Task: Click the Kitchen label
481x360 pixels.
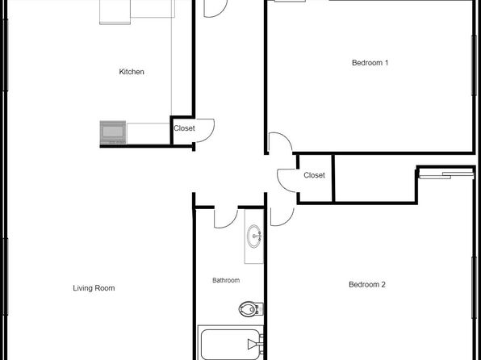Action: (132, 72)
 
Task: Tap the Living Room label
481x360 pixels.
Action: (94, 288)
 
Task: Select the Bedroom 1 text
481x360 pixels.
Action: (370, 63)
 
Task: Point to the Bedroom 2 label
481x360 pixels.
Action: (367, 284)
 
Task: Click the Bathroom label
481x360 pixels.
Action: (226, 280)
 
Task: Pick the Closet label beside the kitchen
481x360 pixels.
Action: (184, 128)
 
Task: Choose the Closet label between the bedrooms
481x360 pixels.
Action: (314, 175)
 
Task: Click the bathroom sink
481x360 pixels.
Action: (254, 236)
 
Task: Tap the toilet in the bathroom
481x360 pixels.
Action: (251, 309)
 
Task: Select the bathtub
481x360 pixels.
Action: (230, 344)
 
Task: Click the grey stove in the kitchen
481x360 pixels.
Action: (113, 132)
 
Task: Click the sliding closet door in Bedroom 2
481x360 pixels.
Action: (446, 175)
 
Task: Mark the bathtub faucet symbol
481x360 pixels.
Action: (254, 344)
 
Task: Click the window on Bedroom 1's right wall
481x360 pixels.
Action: (473, 65)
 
